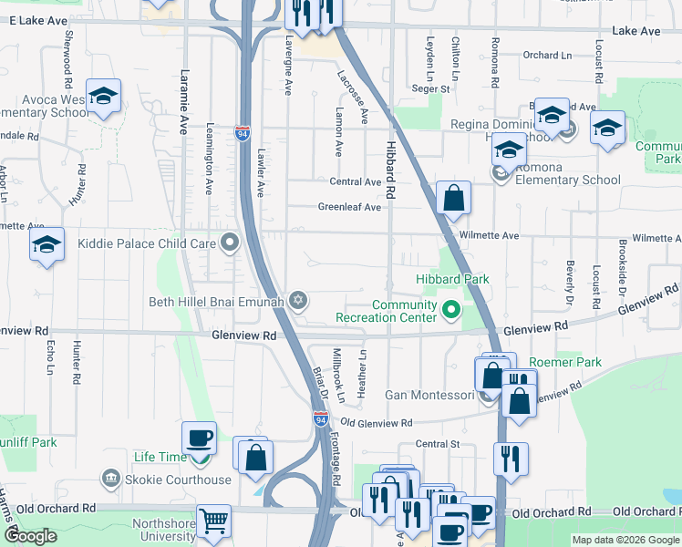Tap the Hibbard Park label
click(453, 279)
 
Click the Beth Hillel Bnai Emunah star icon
click(297, 300)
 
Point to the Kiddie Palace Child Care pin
click(229, 243)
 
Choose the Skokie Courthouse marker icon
click(111, 479)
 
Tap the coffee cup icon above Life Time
click(200, 438)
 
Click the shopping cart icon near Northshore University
click(213, 521)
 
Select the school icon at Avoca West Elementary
click(104, 96)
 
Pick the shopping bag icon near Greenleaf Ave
click(453, 197)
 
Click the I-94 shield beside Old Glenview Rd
click(320, 418)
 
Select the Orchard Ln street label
click(547, 55)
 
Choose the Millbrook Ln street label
click(337, 374)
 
